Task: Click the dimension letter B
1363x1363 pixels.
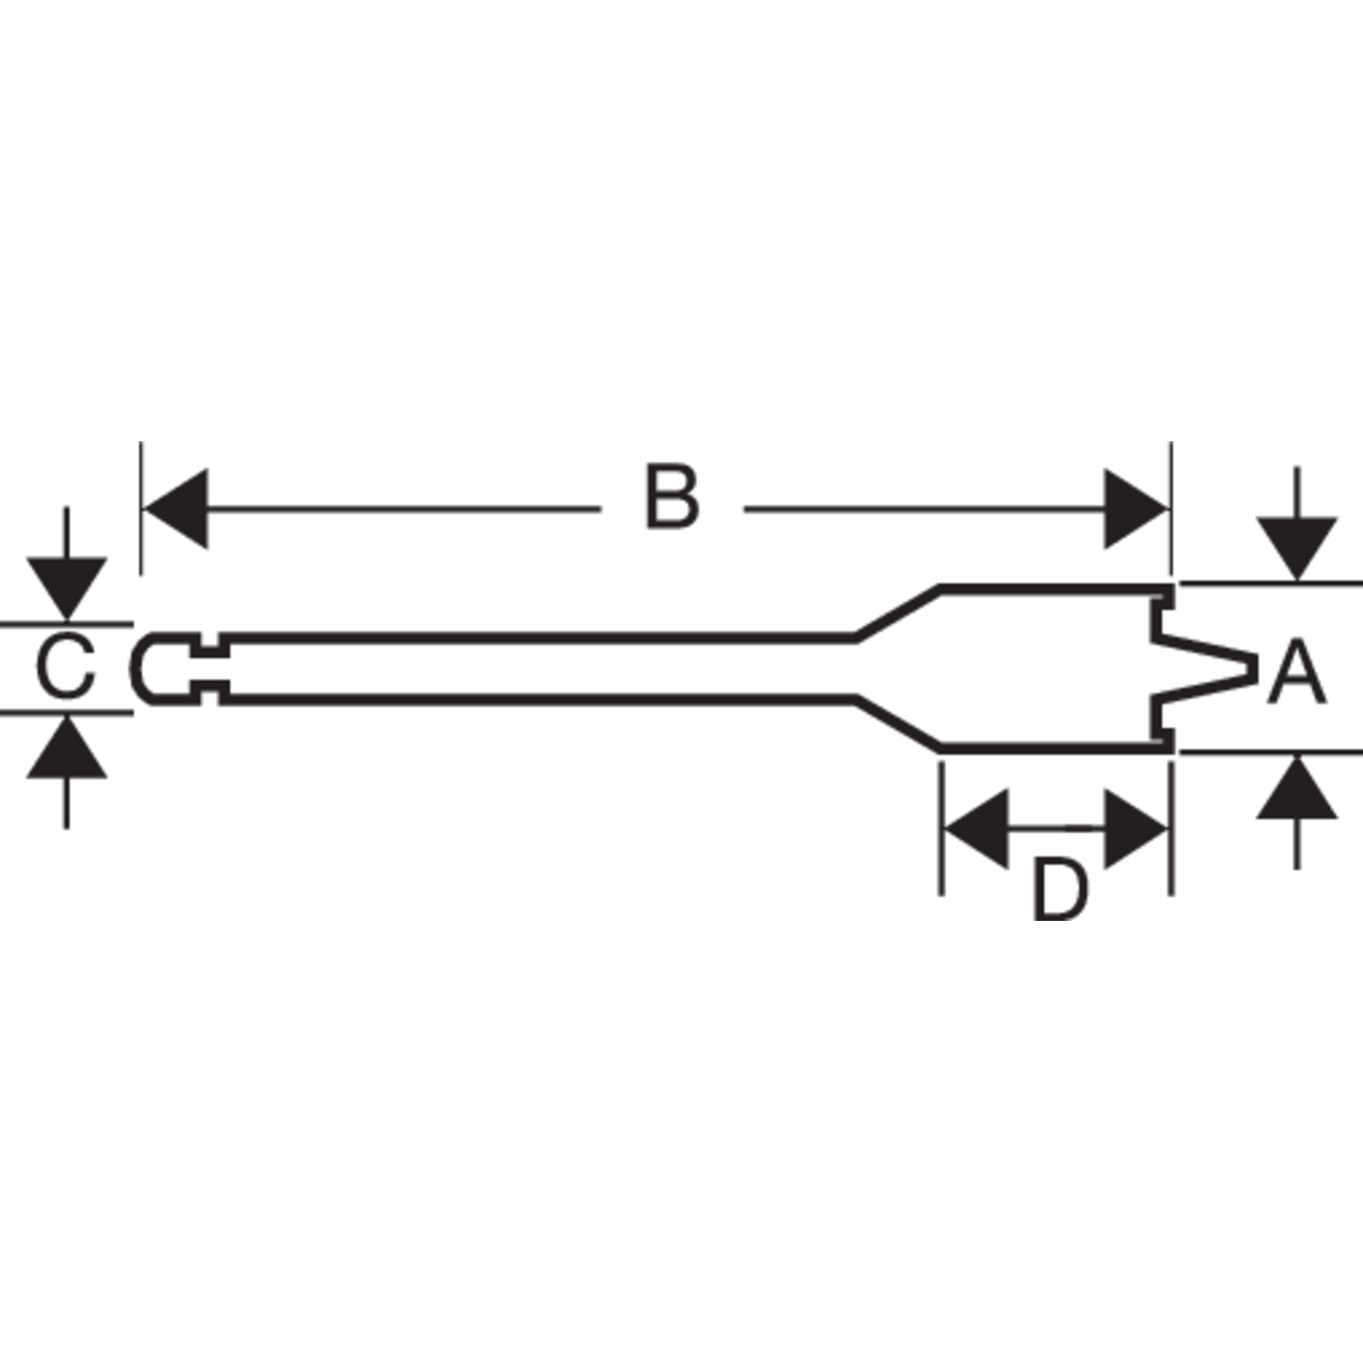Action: point(672,497)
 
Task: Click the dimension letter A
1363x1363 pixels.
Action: point(1297,674)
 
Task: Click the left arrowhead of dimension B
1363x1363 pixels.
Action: point(175,509)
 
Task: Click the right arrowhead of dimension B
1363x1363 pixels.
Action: point(1136,509)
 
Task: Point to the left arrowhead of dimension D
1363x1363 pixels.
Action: point(976,828)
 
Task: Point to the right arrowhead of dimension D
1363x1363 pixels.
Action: point(1136,828)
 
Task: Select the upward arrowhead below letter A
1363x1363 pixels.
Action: point(1297,787)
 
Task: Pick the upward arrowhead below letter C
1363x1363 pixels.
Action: point(66,747)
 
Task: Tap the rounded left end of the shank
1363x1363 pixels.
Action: point(136,668)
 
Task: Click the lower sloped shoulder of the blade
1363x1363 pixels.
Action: point(897,725)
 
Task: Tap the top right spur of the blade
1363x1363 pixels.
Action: point(1165,595)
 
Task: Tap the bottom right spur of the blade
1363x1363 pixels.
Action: point(1165,740)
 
